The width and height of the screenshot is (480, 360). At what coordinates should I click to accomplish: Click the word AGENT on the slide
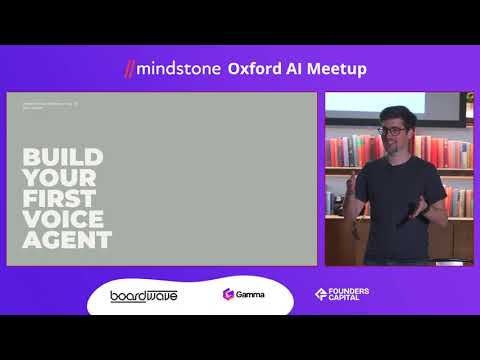(x=66, y=241)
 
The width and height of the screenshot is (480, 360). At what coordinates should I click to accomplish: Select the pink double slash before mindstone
(x=129, y=69)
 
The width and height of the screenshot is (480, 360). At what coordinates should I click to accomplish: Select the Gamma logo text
(x=251, y=295)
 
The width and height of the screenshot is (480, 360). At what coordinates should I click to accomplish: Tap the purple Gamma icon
(x=229, y=295)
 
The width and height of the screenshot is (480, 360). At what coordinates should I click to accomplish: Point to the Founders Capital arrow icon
(x=320, y=295)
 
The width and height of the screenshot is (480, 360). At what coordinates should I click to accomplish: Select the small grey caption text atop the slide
(x=48, y=103)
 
